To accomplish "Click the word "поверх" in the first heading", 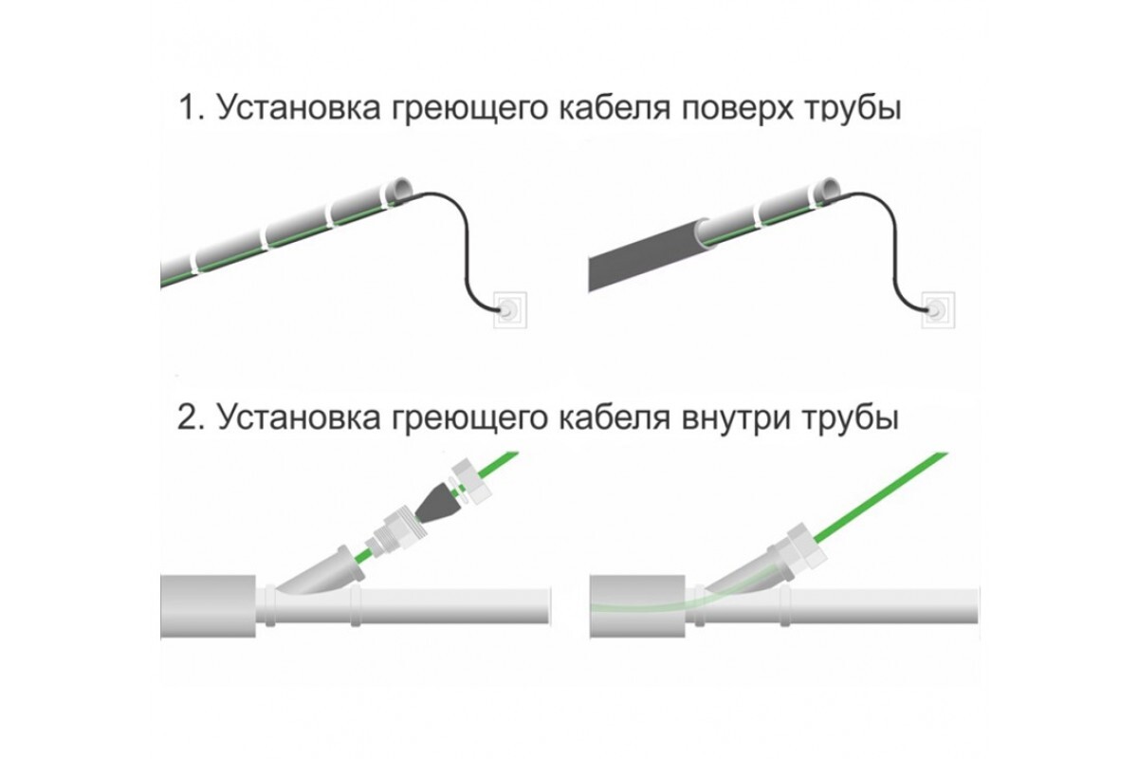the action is (x=737, y=110).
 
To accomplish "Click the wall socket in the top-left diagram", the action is (x=509, y=310).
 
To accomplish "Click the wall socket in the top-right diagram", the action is (x=938, y=310).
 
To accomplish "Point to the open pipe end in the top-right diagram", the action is (x=830, y=189).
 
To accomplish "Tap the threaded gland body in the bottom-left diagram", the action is (x=397, y=535).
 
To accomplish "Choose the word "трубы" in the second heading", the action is (x=851, y=419).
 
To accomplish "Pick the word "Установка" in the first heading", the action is (x=300, y=108).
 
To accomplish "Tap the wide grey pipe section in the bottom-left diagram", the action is (x=208, y=606).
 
